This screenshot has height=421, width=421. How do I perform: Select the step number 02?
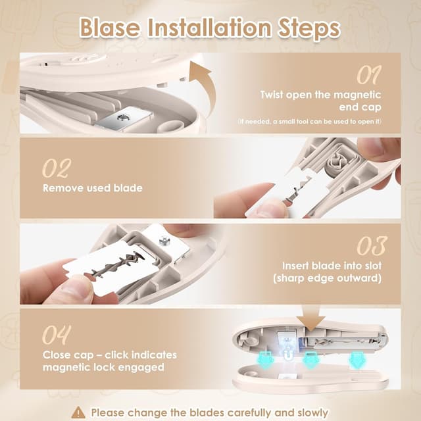[x=56, y=168]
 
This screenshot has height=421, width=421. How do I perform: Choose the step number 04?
[x=57, y=335]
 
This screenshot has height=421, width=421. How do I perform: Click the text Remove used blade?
[x=92, y=188]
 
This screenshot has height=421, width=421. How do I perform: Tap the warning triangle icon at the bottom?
[x=79, y=412]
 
